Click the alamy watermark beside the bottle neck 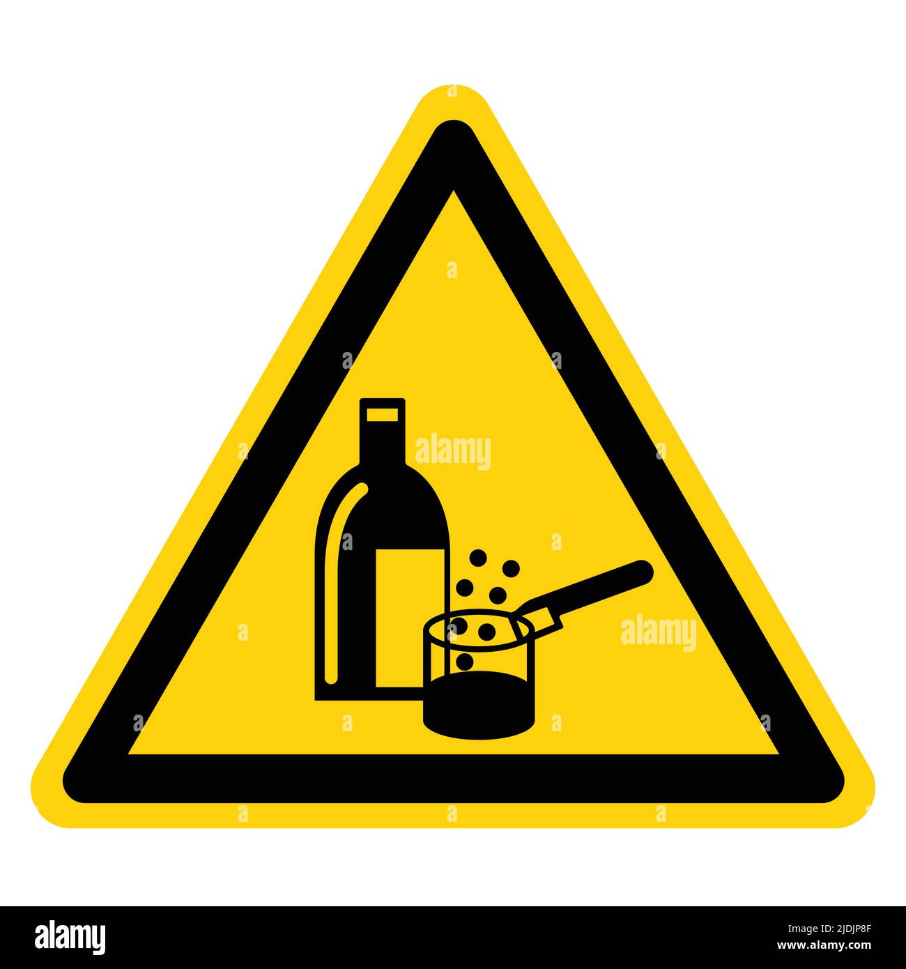pos(452,452)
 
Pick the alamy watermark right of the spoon pos(658,633)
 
